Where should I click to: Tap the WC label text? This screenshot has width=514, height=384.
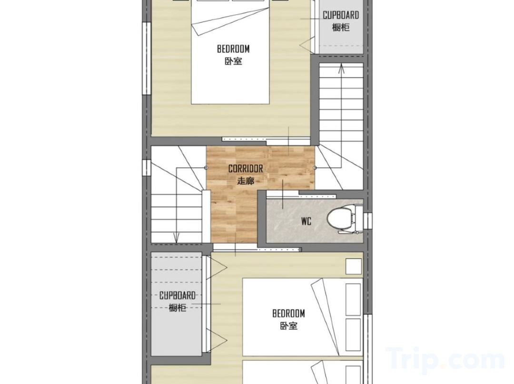pos(306,221)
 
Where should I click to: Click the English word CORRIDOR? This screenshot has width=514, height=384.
pos(246,169)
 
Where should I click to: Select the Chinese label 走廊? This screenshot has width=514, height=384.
pos(246,181)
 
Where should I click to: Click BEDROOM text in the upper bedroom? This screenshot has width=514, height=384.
pos(233,49)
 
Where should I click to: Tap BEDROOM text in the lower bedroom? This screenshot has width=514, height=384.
pos(288,313)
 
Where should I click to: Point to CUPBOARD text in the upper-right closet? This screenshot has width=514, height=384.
pos(341,15)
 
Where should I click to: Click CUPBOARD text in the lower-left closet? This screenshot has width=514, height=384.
pos(178,296)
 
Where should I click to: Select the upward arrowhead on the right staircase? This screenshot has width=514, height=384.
pos(341,68)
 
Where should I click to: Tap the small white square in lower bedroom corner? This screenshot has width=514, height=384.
pos(354,266)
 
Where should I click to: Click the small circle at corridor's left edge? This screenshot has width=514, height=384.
pos(206,168)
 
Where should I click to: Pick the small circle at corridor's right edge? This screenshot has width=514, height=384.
pos(315,168)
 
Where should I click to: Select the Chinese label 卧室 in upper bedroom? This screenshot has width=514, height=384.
pos(233,61)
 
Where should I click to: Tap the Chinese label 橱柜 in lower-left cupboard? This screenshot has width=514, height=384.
pos(178,308)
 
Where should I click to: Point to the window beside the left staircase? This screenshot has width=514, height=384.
pos(146,168)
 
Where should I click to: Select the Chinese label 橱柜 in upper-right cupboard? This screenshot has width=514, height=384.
pos(341,27)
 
